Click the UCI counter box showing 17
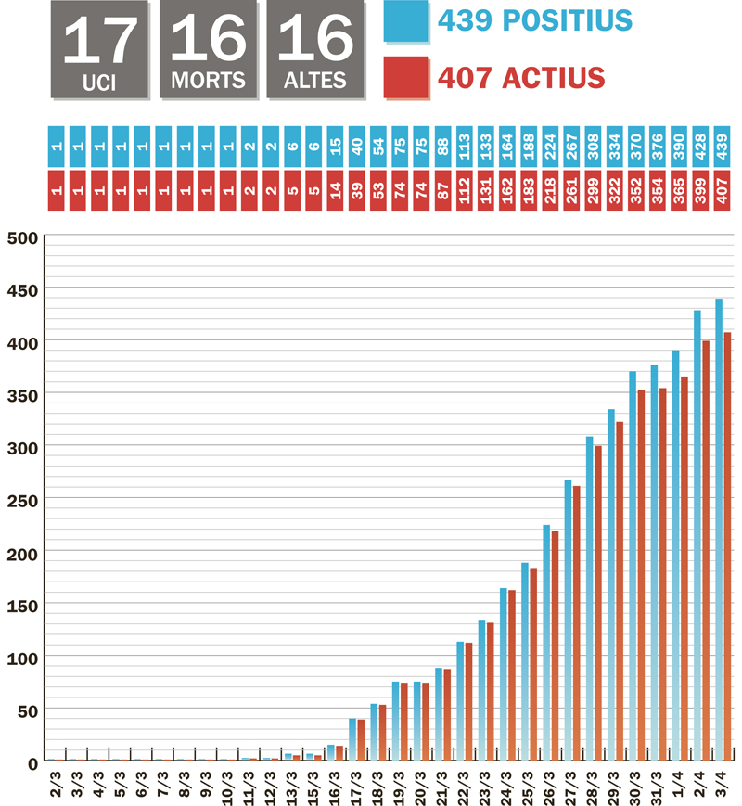(99, 49)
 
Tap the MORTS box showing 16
(207, 49)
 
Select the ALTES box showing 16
(314, 49)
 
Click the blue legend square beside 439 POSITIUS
(405, 22)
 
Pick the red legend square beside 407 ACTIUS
(405, 77)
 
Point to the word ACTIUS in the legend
(554, 77)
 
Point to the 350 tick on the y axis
(22, 395)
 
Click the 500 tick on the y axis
(22, 237)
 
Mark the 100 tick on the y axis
(22, 658)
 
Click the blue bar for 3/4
(718, 529)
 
